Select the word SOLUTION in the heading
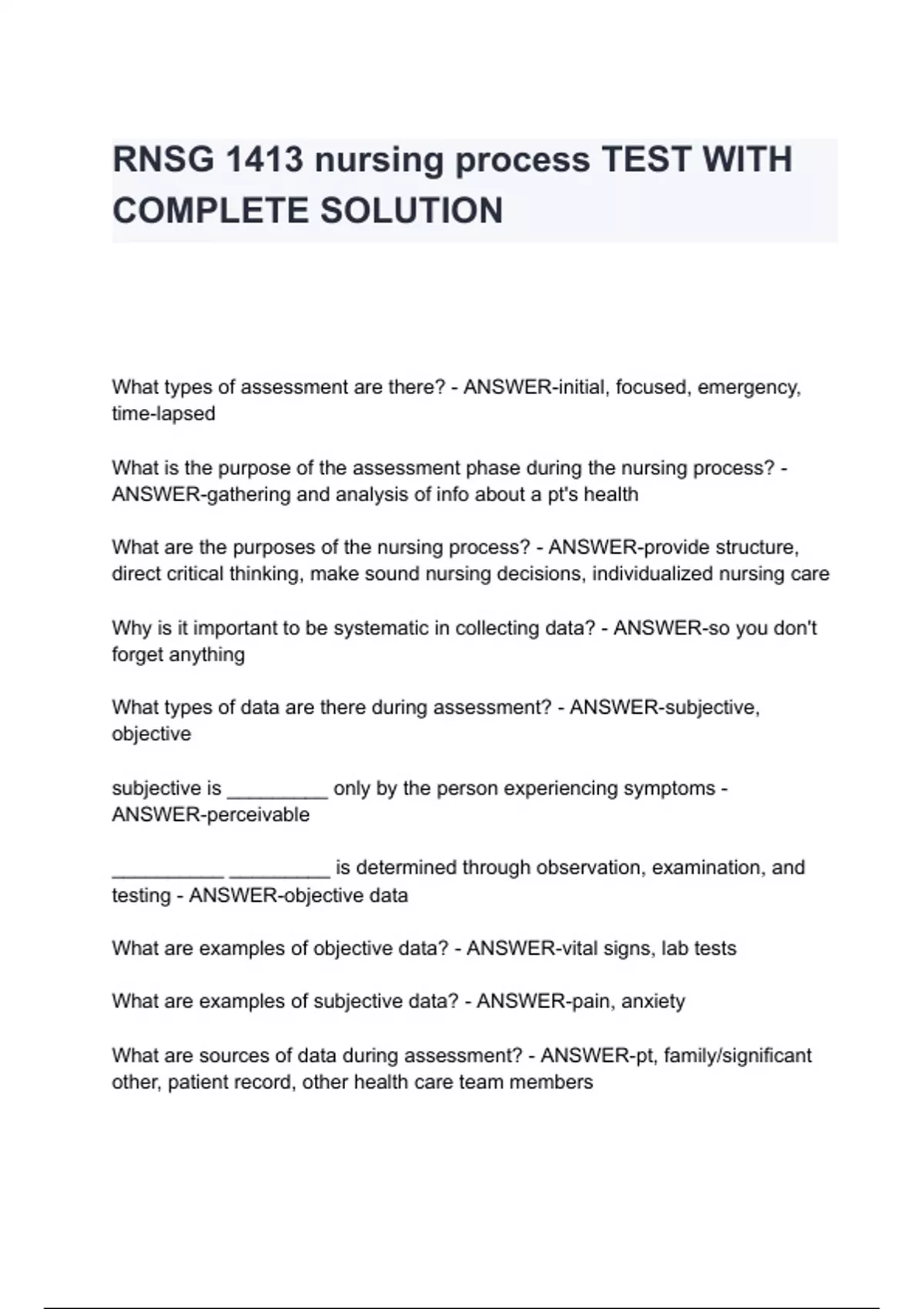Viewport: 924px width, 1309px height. pyautogui.click(x=412, y=211)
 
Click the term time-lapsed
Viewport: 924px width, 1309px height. pyautogui.click(x=163, y=413)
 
